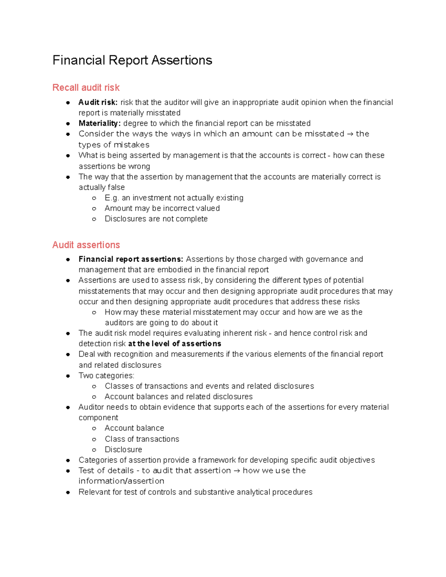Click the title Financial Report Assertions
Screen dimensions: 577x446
point(132,60)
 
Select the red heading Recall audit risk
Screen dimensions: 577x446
point(86,88)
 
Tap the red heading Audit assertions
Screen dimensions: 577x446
point(86,245)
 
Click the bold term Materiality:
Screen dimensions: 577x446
point(99,123)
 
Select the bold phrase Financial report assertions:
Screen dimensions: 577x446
point(131,259)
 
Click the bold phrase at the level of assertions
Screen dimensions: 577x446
point(174,344)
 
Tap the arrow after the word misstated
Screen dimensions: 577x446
point(350,134)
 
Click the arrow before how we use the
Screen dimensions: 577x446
point(237,471)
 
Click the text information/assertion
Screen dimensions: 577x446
point(121,481)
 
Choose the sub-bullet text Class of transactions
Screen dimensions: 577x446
point(142,439)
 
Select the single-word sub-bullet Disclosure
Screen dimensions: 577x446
point(123,450)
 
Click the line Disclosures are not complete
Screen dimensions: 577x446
point(156,219)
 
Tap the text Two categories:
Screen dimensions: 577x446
point(106,376)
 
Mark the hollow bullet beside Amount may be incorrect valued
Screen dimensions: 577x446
point(94,209)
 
